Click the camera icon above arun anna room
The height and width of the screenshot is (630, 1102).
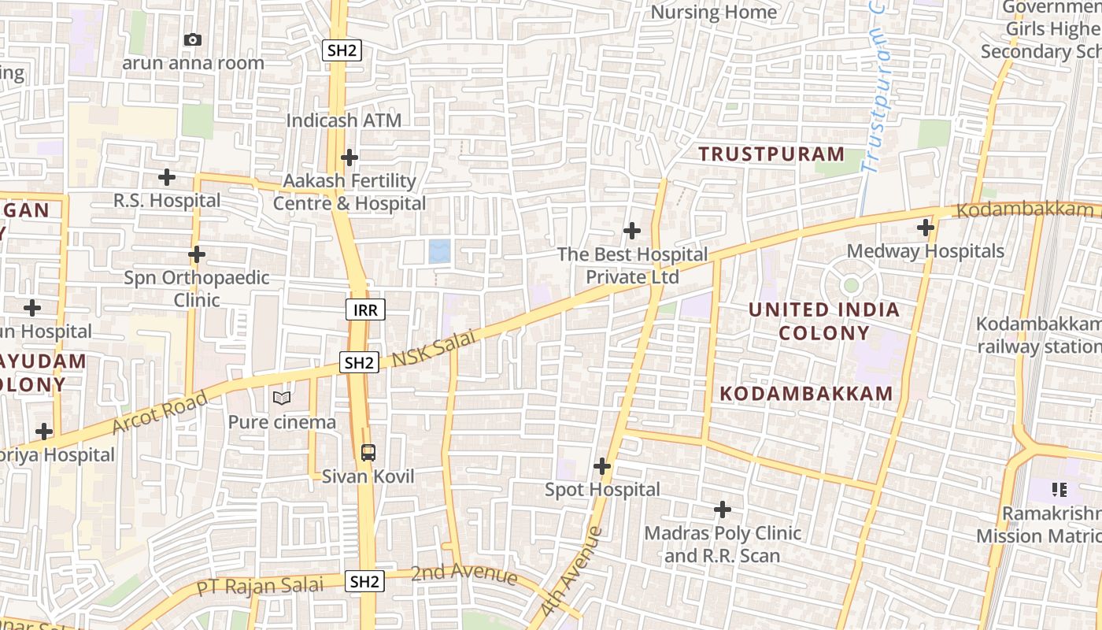(192, 39)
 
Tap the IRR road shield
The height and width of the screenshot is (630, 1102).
(365, 309)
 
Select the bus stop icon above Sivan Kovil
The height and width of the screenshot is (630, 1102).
(368, 452)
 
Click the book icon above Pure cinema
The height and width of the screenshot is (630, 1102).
(282, 398)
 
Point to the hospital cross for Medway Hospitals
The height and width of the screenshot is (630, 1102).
(926, 228)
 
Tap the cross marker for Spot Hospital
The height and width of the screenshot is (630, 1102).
(602, 466)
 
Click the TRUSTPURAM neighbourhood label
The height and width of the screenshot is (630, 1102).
(771, 154)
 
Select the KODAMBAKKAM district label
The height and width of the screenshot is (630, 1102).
(807, 393)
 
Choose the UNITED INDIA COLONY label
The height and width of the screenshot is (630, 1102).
(824, 321)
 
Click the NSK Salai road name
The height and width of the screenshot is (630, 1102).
(434, 349)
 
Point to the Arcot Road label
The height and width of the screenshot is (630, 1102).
(160, 412)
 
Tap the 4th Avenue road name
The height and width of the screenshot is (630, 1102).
(572, 571)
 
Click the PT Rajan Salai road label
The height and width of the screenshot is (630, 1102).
(260, 586)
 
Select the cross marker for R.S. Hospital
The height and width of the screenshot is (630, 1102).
(167, 177)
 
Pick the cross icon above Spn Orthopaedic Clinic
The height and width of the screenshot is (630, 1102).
(197, 254)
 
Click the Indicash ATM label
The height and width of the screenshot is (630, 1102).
(343, 120)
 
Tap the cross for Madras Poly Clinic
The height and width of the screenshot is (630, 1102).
(723, 510)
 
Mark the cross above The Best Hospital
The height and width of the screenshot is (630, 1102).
(631, 231)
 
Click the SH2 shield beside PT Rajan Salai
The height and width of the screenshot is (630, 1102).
(365, 582)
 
